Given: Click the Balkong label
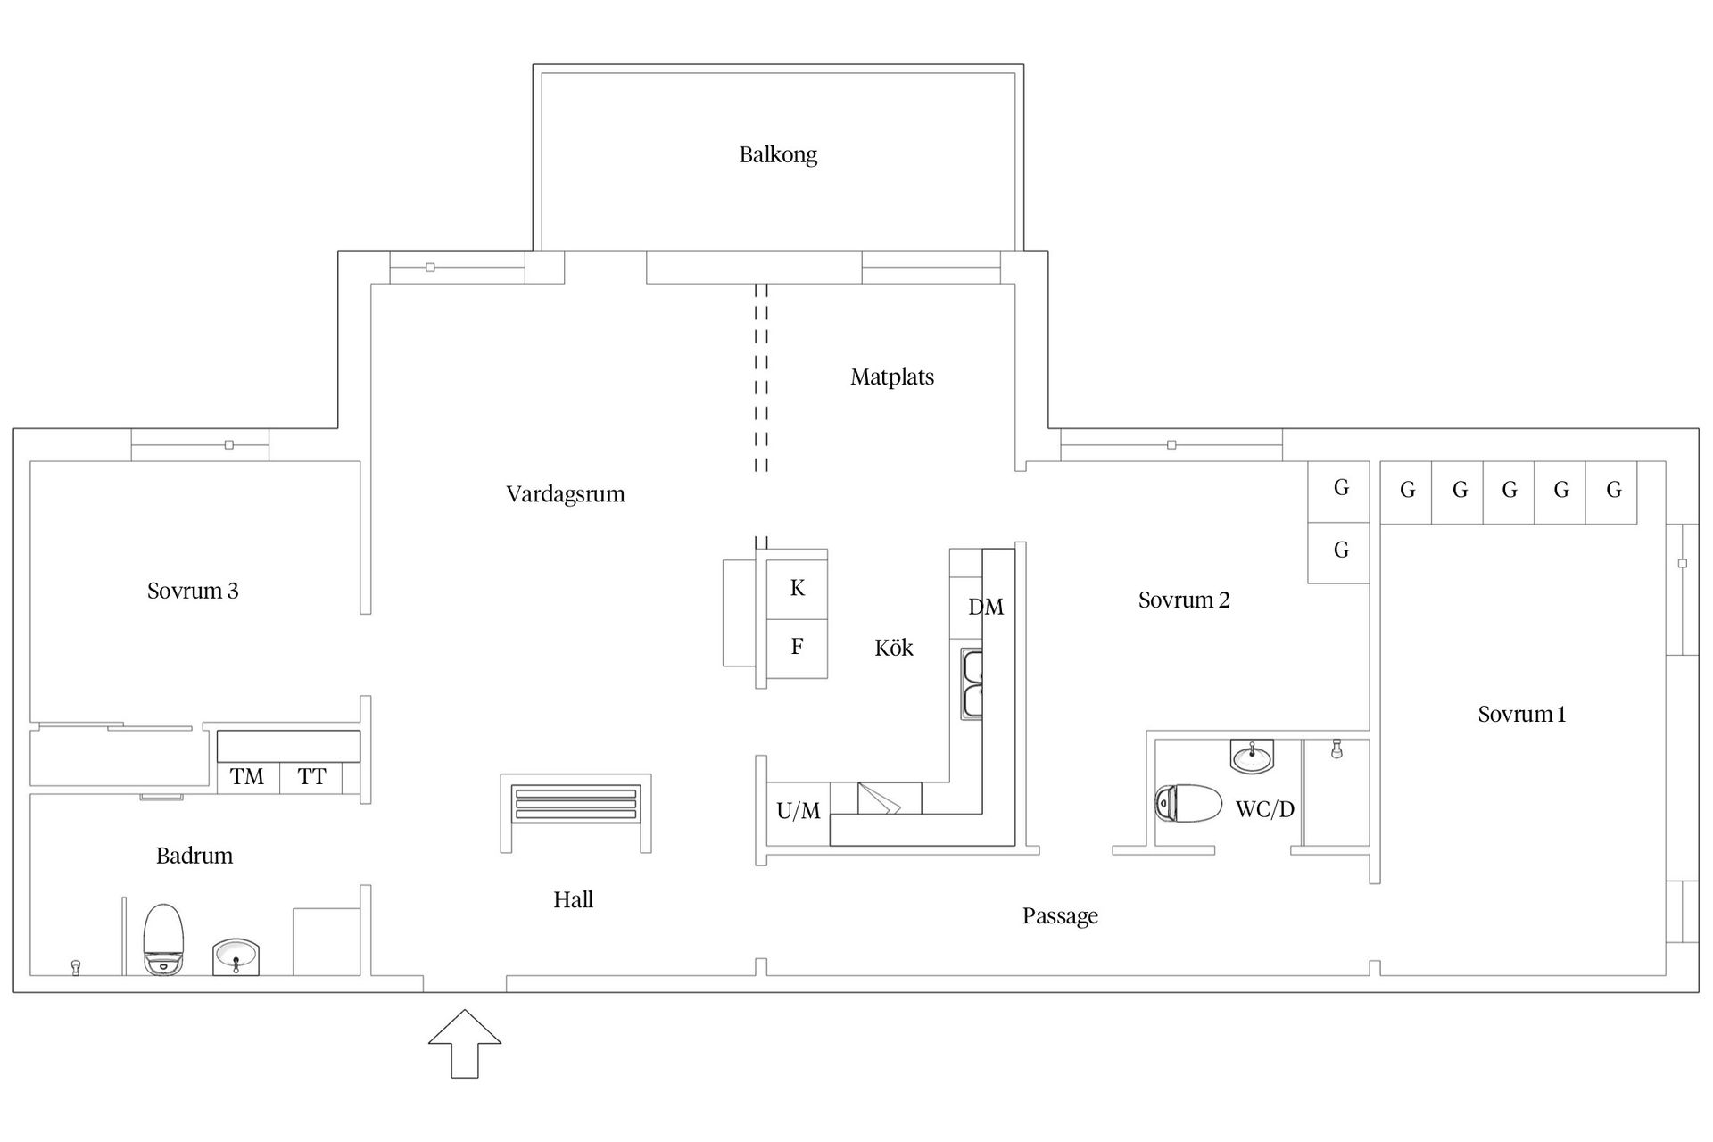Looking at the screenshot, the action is (778, 155).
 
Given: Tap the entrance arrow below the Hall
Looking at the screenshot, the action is (465, 1044).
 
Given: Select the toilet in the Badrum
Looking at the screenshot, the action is (163, 939).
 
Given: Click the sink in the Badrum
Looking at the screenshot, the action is (236, 956).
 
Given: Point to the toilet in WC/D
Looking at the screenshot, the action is (1188, 803).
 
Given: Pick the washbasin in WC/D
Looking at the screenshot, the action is (1253, 756).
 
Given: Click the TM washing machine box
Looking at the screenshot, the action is (248, 777).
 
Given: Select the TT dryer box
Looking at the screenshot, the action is (311, 777).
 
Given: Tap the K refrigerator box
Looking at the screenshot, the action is (797, 588).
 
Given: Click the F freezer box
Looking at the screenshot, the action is (797, 648).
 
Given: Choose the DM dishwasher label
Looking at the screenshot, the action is (986, 608).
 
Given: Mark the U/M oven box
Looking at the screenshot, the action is (799, 811).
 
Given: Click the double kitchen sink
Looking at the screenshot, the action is (972, 683).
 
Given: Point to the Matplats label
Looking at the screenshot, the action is (892, 377).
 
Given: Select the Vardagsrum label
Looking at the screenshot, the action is (566, 495).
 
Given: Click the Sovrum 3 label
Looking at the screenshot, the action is (193, 591).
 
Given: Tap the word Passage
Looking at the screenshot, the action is (1060, 916).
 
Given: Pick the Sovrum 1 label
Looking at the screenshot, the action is (1522, 715).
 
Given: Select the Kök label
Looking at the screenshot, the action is (894, 648).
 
